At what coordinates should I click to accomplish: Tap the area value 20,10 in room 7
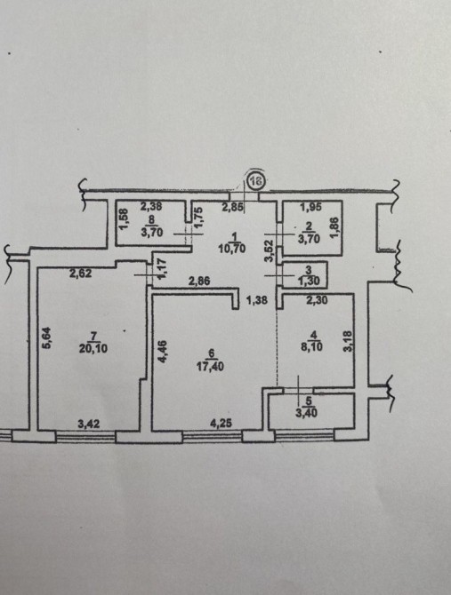coord(93,348)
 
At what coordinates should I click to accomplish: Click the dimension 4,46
coord(162,352)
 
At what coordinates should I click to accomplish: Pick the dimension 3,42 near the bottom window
coord(89,424)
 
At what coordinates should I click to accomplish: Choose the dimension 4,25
coord(221,423)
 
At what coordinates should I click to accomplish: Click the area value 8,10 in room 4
coord(311,346)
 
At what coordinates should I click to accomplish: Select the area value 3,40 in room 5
coord(306,412)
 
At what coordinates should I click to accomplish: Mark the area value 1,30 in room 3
coord(309,282)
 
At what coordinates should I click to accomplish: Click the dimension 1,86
coord(334,227)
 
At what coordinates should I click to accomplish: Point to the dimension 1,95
coord(310,207)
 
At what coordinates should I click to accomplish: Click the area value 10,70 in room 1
coord(232,249)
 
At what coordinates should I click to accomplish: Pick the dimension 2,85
coord(232,207)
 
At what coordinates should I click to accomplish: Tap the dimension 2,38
coord(151,206)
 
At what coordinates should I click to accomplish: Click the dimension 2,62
coord(80,273)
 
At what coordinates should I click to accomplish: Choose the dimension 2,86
coord(199,282)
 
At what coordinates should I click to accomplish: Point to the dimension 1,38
coord(257,300)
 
